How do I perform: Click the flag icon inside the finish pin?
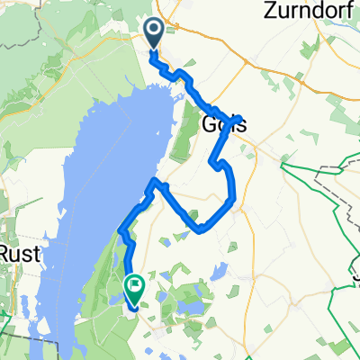point(134,287)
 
